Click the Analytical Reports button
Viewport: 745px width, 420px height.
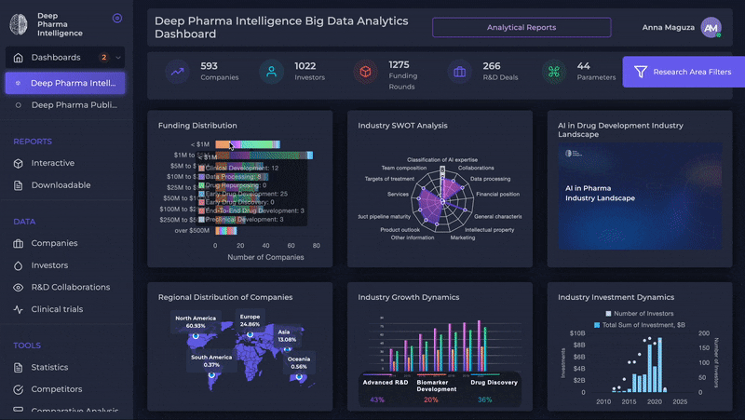pyautogui.click(x=521, y=27)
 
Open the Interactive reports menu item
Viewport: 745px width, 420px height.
pyautogui.click(x=52, y=163)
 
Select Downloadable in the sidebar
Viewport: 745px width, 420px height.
pyautogui.click(x=61, y=185)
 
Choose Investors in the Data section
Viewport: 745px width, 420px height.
pyautogui.click(x=49, y=265)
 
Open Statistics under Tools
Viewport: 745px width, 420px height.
pyautogui.click(x=49, y=368)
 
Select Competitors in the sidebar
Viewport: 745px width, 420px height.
pyautogui.click(x=56, y=389)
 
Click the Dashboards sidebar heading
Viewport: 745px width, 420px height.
pyautogui.click(x=56, y=58)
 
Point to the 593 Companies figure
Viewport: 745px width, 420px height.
pyautogui.click(x=210, y=66)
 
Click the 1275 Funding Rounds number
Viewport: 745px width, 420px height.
pyautogui.click(x=399, y=64)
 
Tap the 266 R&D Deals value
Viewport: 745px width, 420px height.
pyautogui.click(x=492, y=66)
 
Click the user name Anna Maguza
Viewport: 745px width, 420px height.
pyautogui.click(x=668, y=28)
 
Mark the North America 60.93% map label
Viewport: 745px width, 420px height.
pyautogui.click(x=196, y=321)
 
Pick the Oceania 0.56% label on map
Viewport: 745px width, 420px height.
pyautogui.click(x=299, y=361)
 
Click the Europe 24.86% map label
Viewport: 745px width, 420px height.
pyautogui.click(x=250, y=320)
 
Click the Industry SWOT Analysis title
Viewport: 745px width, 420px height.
pyautogui.click(x=402, y=126)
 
